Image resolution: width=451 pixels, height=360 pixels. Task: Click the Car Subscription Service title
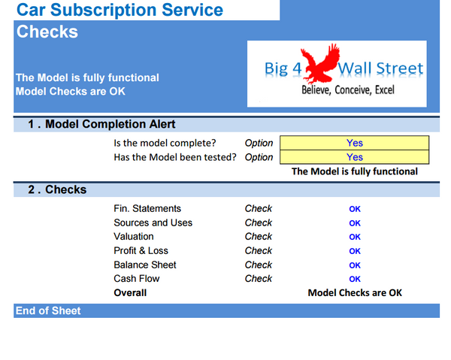tap(120, 11)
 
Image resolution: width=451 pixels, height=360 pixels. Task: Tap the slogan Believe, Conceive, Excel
tap(347, 89)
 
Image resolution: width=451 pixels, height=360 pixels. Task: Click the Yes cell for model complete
tap(354, 143)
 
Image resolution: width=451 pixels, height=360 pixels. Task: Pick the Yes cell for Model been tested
tap(354, 157)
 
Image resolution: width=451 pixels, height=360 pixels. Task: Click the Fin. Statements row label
tap(147, 209)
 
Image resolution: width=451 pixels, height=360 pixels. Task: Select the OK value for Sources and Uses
tap(355, 223)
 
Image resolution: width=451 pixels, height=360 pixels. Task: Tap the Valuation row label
tap(134, 237)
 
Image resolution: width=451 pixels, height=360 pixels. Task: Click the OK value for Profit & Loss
tap(355, 251)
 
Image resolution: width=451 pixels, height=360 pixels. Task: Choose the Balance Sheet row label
tap(145, 265)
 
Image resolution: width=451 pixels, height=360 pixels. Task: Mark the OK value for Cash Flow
tap(355, 279)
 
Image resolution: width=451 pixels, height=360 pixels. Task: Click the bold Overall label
tap(130, 292)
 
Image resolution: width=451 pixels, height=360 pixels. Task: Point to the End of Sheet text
tap(48, 310)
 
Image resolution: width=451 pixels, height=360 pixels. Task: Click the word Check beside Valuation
tap(259, 237)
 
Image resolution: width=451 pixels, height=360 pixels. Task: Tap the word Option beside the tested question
tap(259, 157)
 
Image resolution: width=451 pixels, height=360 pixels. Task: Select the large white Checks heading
tap(47, 32)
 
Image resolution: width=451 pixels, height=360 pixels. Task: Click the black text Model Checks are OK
tap(355, 292)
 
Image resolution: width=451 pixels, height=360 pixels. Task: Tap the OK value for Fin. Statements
tap(355, 209)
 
